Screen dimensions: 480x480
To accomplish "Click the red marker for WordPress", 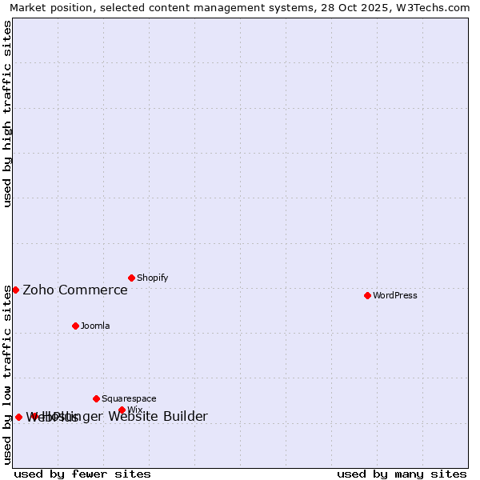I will point(367,295).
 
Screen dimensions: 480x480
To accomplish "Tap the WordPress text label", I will point(395,295).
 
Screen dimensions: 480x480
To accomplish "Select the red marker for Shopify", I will point(131,278).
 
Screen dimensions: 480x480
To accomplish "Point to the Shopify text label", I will point(153,278).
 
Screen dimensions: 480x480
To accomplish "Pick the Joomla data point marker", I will point(75,326).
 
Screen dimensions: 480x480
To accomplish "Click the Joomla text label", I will point(95,326).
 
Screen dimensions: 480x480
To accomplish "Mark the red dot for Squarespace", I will point(96,398).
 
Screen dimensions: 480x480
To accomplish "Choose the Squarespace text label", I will point(129,398).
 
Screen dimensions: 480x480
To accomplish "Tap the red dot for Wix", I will point(122,410).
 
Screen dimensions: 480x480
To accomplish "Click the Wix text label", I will point(134,410).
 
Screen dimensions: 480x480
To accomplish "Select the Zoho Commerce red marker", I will point(15,290).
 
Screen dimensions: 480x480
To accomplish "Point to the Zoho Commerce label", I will point(75,290).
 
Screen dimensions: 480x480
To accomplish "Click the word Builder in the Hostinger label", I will point(184,416).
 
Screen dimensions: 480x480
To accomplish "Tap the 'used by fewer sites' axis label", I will point(82,474).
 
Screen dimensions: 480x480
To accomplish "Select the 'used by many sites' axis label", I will point(402,474).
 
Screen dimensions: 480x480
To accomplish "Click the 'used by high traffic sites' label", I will point(8,114).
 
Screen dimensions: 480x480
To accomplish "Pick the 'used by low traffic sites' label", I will point(8,374).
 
